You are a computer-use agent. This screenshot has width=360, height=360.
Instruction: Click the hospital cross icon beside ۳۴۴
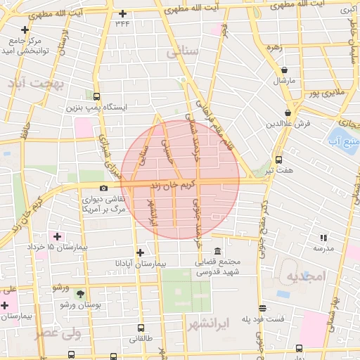click(x=124, y=13)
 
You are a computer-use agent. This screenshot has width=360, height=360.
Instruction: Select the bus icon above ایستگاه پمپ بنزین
click(x=96, y=97)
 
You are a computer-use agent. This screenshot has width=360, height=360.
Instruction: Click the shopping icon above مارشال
click(x=284, y=70)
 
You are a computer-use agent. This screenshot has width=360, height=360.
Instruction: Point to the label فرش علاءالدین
click(x=288, y=123)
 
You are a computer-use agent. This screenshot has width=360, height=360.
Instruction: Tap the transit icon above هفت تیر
click(x=279, y=160)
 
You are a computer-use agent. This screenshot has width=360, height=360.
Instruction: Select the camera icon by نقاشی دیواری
click(x=104, y=188)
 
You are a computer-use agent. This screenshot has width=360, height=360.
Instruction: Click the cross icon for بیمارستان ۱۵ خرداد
click(x=57, y=236)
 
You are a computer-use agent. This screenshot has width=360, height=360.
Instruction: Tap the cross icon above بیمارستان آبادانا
click(x=141, y=252)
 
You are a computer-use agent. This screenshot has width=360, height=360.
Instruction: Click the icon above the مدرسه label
click(x=323, y=238)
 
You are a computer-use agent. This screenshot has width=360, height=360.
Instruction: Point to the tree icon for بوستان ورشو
click(x=80, y=294)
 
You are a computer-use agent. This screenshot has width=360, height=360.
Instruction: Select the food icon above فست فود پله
click(x=263, y=308)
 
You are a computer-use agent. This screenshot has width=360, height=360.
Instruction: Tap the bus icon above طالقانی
click(x=141, y=328)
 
